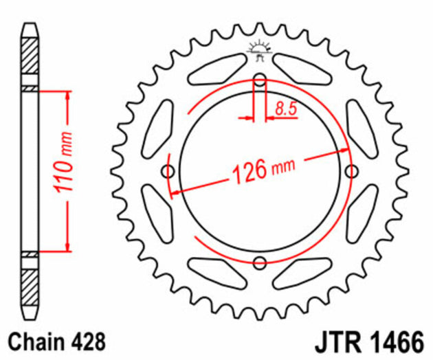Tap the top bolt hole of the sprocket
pyautogui.click(x=260, y=80)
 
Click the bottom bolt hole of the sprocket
pyautogui.click(x=260, y=262)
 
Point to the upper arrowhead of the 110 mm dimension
pyautogui.click(x=67, y=95)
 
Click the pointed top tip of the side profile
pyautogui.click(x=30, y=26)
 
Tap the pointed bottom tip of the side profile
pyautogui.click(x=30, y=317)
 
